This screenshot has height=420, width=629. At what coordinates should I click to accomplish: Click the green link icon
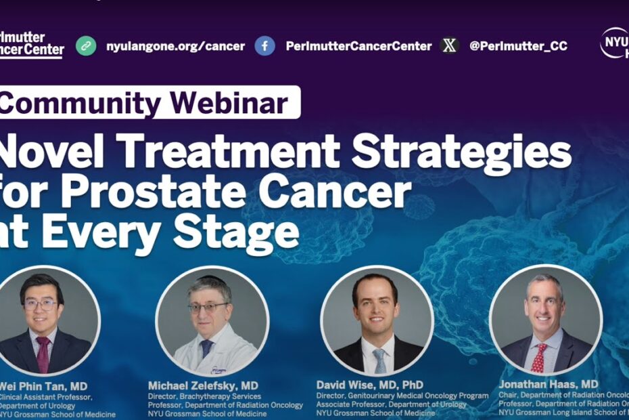coord(86,46)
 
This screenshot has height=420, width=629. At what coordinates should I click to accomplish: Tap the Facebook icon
coord(264,46)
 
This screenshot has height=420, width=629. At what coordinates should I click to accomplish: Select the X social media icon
coord(449,46)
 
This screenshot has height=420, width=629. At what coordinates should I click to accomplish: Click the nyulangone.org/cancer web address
coord(175,46)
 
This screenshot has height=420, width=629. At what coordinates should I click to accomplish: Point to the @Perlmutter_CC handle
coord(518,46)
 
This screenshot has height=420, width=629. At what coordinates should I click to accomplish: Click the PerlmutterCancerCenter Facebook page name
coord(358,46)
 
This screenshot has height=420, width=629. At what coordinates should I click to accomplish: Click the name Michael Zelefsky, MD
coord(203,385)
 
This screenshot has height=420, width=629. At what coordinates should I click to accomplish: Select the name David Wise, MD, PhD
coord(370,385)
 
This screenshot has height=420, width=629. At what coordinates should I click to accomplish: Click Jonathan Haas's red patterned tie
coord(539,355)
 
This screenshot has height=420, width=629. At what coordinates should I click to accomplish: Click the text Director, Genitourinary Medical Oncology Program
coord(402,396)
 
